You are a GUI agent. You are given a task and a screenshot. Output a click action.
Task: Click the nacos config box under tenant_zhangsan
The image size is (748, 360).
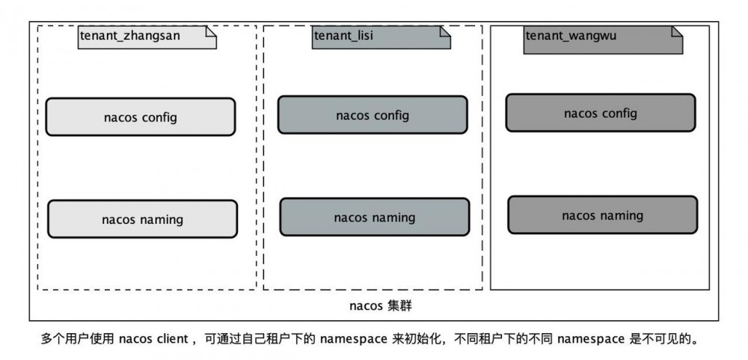point(140,118)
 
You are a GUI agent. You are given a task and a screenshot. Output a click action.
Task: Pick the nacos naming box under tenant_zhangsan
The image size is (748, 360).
point(142,219)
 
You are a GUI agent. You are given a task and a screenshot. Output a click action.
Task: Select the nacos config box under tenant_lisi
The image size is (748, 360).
point(373,115)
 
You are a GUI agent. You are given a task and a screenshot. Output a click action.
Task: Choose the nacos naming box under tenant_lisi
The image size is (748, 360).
point(374,217)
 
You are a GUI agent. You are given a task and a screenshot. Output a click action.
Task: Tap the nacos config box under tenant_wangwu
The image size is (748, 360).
point(600,113)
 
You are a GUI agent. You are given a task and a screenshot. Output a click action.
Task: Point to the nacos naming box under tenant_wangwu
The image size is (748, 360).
point(602,215)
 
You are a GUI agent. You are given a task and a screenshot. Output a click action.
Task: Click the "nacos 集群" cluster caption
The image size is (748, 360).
point(381,306)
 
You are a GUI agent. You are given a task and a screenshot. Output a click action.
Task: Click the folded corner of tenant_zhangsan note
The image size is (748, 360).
point(210,31)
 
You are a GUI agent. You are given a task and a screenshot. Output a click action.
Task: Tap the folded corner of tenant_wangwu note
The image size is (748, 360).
point(677,31)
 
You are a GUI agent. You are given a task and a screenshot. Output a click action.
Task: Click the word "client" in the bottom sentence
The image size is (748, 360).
point(172,339)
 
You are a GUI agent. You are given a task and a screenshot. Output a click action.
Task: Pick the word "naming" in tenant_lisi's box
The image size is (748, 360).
point(391,218)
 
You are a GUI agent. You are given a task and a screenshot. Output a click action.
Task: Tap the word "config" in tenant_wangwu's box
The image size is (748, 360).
point(619,113)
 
